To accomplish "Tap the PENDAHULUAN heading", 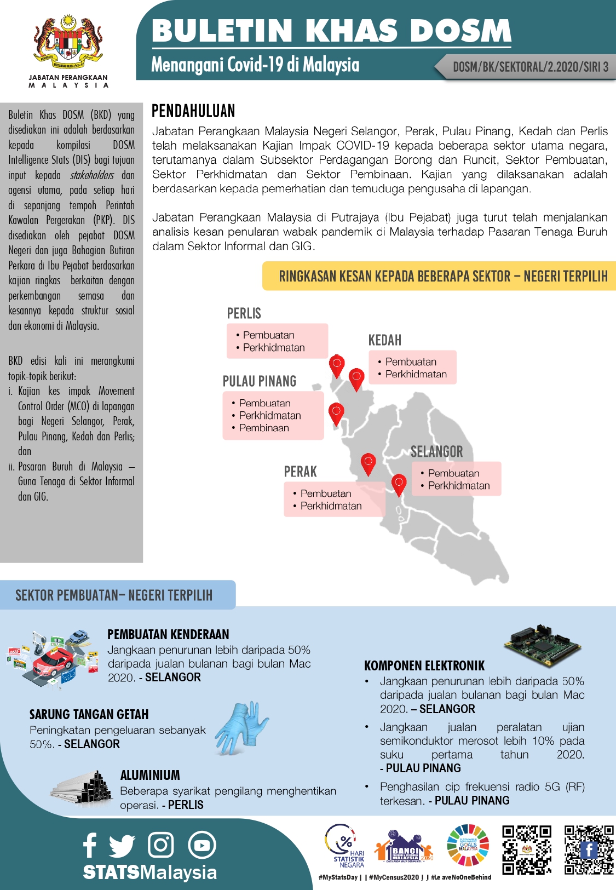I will tap(193, 111).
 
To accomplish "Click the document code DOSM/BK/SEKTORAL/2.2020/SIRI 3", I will tap(530, 67).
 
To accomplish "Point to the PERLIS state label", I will tap(244, 314).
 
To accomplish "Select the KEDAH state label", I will tap(384, 340).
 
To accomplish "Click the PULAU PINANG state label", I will tap(260, 381).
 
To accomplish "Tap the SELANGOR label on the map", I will tap(436, 452).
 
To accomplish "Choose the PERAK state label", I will tap(300, 472).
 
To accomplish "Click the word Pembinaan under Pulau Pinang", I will tap(264, 428).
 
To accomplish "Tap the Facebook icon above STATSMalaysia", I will tap(90, 845).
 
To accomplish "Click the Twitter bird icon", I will tap(122, 845).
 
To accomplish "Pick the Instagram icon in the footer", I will tap(161, 845).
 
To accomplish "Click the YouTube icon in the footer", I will tap(202, 845).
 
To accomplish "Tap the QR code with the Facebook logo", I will tap(589, 849).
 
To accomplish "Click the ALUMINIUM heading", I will tap(150, 775).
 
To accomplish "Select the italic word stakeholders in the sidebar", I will tap(92, 175).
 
